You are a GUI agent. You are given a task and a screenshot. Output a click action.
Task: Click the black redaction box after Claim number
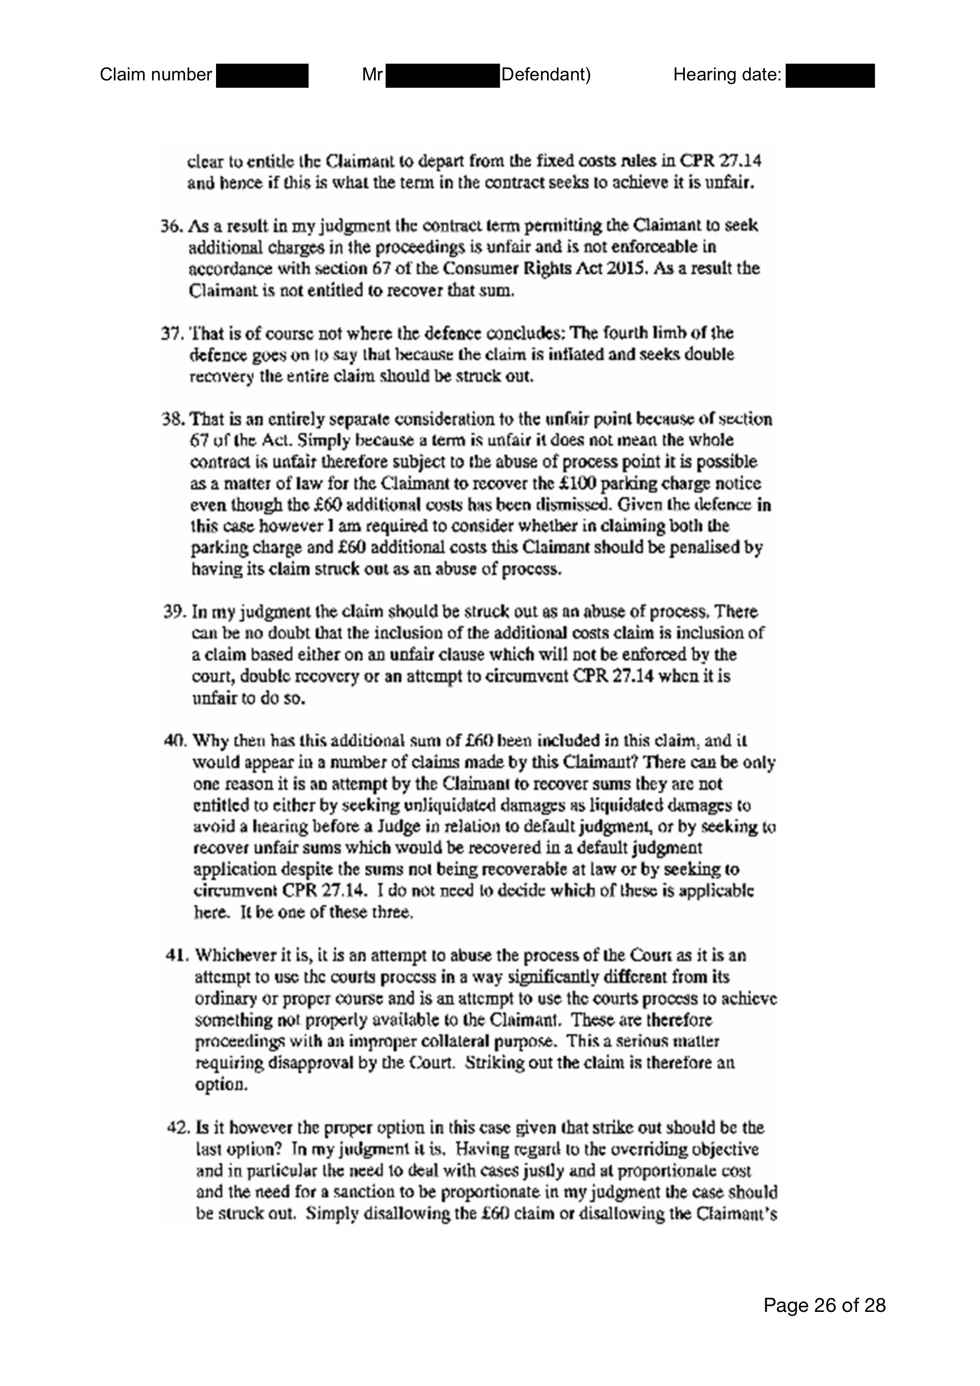(262, 75)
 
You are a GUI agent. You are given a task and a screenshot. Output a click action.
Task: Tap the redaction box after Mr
(442, 75)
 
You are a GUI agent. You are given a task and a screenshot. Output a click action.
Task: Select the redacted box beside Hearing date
(830, 75)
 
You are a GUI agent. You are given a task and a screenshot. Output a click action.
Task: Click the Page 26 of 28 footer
(824, 1305)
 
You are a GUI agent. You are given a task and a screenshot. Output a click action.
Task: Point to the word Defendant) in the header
(545, 75)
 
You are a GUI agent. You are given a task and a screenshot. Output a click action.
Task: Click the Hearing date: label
(728, 75)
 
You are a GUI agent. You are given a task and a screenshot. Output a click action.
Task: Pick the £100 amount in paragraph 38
(603, 484)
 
